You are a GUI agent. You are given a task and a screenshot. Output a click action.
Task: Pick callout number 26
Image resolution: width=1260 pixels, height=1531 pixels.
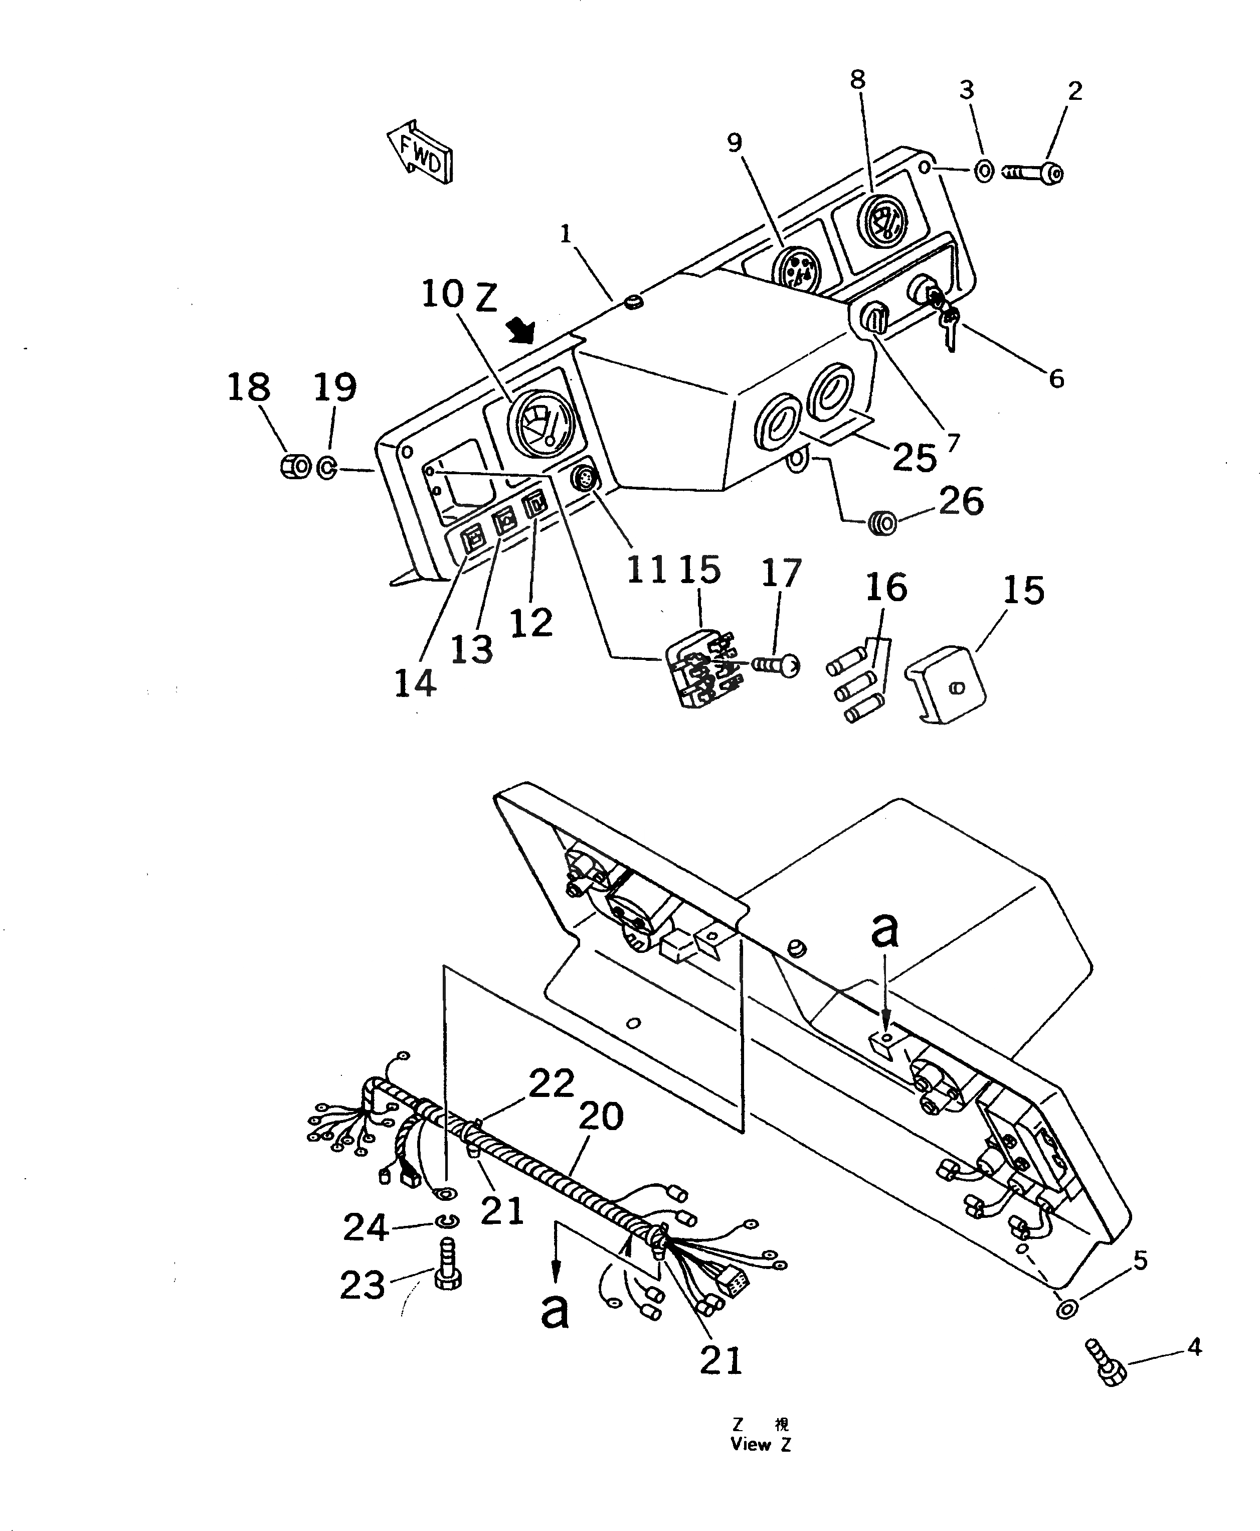tap(961, 501)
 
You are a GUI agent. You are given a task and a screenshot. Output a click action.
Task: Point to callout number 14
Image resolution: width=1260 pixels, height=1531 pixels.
tap(415, 683)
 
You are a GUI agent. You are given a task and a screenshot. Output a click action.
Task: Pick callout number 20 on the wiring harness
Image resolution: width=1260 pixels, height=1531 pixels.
tap(601, 1117)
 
